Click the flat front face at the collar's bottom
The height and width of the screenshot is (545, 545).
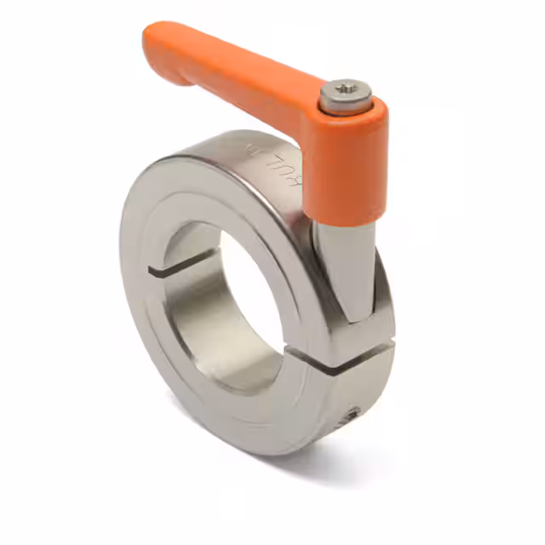[255, 417]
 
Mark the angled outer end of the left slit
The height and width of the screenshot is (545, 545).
[153, 273]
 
